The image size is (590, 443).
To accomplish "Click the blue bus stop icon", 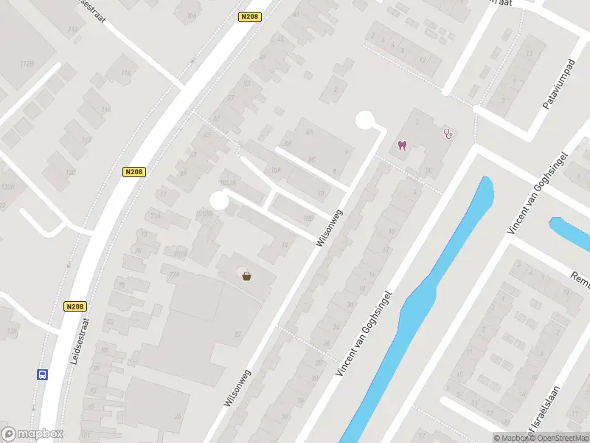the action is tap(42, 374).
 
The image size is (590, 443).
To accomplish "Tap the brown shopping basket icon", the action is tap(246, 275).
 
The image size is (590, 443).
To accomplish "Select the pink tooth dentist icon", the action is tap(402, 145).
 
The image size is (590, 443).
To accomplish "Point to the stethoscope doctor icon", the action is tap(448, 134).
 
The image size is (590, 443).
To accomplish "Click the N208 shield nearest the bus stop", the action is tap(75, 306).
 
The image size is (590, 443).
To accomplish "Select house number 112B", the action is tap(28, 64).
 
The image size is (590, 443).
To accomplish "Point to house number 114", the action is tap(126, 72).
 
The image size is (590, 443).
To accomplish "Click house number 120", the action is tap(71, 172).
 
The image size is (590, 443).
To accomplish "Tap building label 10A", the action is tap(276, 169).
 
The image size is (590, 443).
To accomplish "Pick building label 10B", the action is tap(309, 218).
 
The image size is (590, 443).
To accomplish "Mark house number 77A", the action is tap(174, 274).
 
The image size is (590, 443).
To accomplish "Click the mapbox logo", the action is tap(32, 434).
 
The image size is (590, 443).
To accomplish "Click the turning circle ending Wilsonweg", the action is tap(365, 120).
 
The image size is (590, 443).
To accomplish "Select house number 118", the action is tap(86, 140).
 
